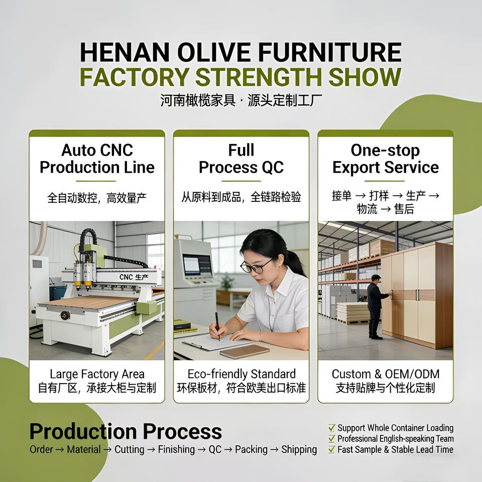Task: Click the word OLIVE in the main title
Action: click(x=214, y=52)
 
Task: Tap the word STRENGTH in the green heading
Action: click(x=259, y=77)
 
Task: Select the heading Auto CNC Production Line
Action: click(x=97, y=159)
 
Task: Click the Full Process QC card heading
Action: click(x=242, y=159)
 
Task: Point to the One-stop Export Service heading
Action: click(x=386, y=159)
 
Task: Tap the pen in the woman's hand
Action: click(x=217, y=326)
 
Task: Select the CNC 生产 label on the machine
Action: click(x=134, y=277)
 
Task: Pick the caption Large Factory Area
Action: click(x=97, y=374)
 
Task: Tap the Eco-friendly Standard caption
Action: click(x=242, y=374)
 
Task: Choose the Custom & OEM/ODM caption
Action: click(x=386, y=374)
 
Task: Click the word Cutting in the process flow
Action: click(x=130, y=449)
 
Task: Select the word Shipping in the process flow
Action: click(x=299, y=449)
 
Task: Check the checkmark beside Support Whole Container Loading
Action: click(x=332, y=428)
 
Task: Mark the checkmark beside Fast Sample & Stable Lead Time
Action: click(x=332, y=449)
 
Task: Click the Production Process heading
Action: click(x=126, y=431)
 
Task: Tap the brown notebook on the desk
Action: click(x=245, y=351)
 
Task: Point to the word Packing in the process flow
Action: click(x=251, y=449)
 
